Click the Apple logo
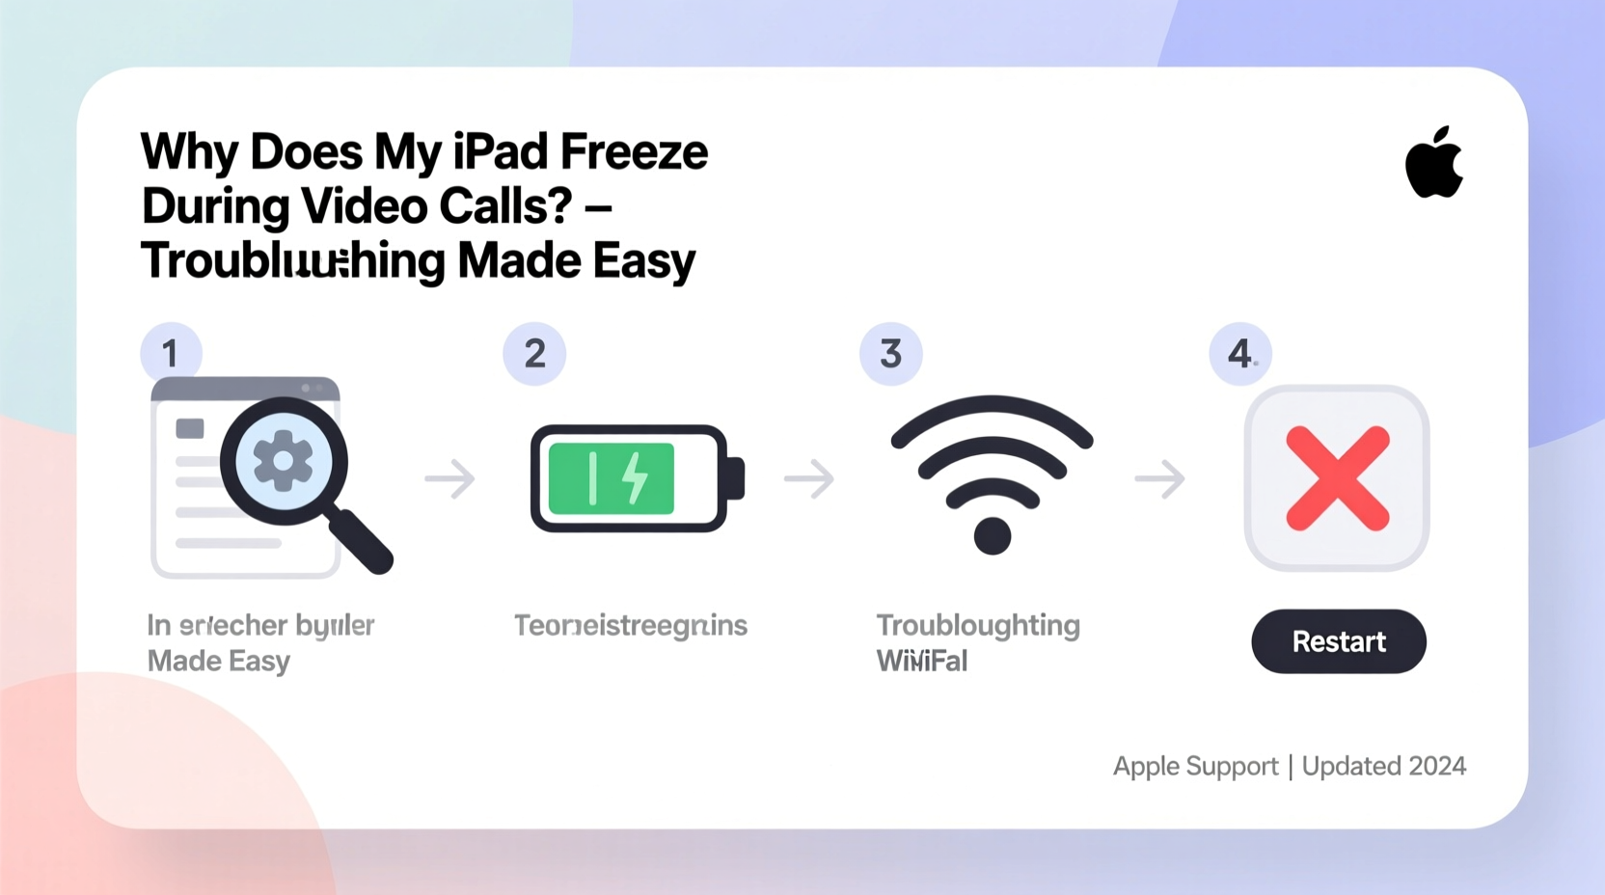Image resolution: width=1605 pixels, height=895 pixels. click(1433, 165)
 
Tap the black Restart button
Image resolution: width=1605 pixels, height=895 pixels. click(1338, 641)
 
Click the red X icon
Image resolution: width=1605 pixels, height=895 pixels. click(1338, 478)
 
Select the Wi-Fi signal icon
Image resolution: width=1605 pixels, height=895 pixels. click(992, 463)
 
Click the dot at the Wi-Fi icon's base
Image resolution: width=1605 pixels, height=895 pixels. click(992, 535)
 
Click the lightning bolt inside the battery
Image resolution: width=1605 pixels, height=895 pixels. click(635, 477)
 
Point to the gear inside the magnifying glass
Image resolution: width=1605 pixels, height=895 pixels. click(283, 461)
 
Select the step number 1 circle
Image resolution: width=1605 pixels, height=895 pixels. click(171, 353)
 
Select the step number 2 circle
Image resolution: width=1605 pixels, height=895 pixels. click(534, 354)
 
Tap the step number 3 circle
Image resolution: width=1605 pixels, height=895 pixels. click(890, 354)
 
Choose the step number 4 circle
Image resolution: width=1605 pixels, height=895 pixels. click(1240, 354)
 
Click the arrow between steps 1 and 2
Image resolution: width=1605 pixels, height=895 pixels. click(450, 479)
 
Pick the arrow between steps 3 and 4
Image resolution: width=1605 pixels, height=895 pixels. click(1159, 479)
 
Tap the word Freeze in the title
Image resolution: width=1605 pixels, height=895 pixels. click(634, 152)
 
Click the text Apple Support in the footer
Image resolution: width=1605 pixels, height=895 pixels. click(1195, 766)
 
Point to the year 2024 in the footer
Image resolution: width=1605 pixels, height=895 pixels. click(1436, 766)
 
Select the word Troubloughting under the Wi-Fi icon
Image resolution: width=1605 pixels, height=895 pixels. click(977, 625)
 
